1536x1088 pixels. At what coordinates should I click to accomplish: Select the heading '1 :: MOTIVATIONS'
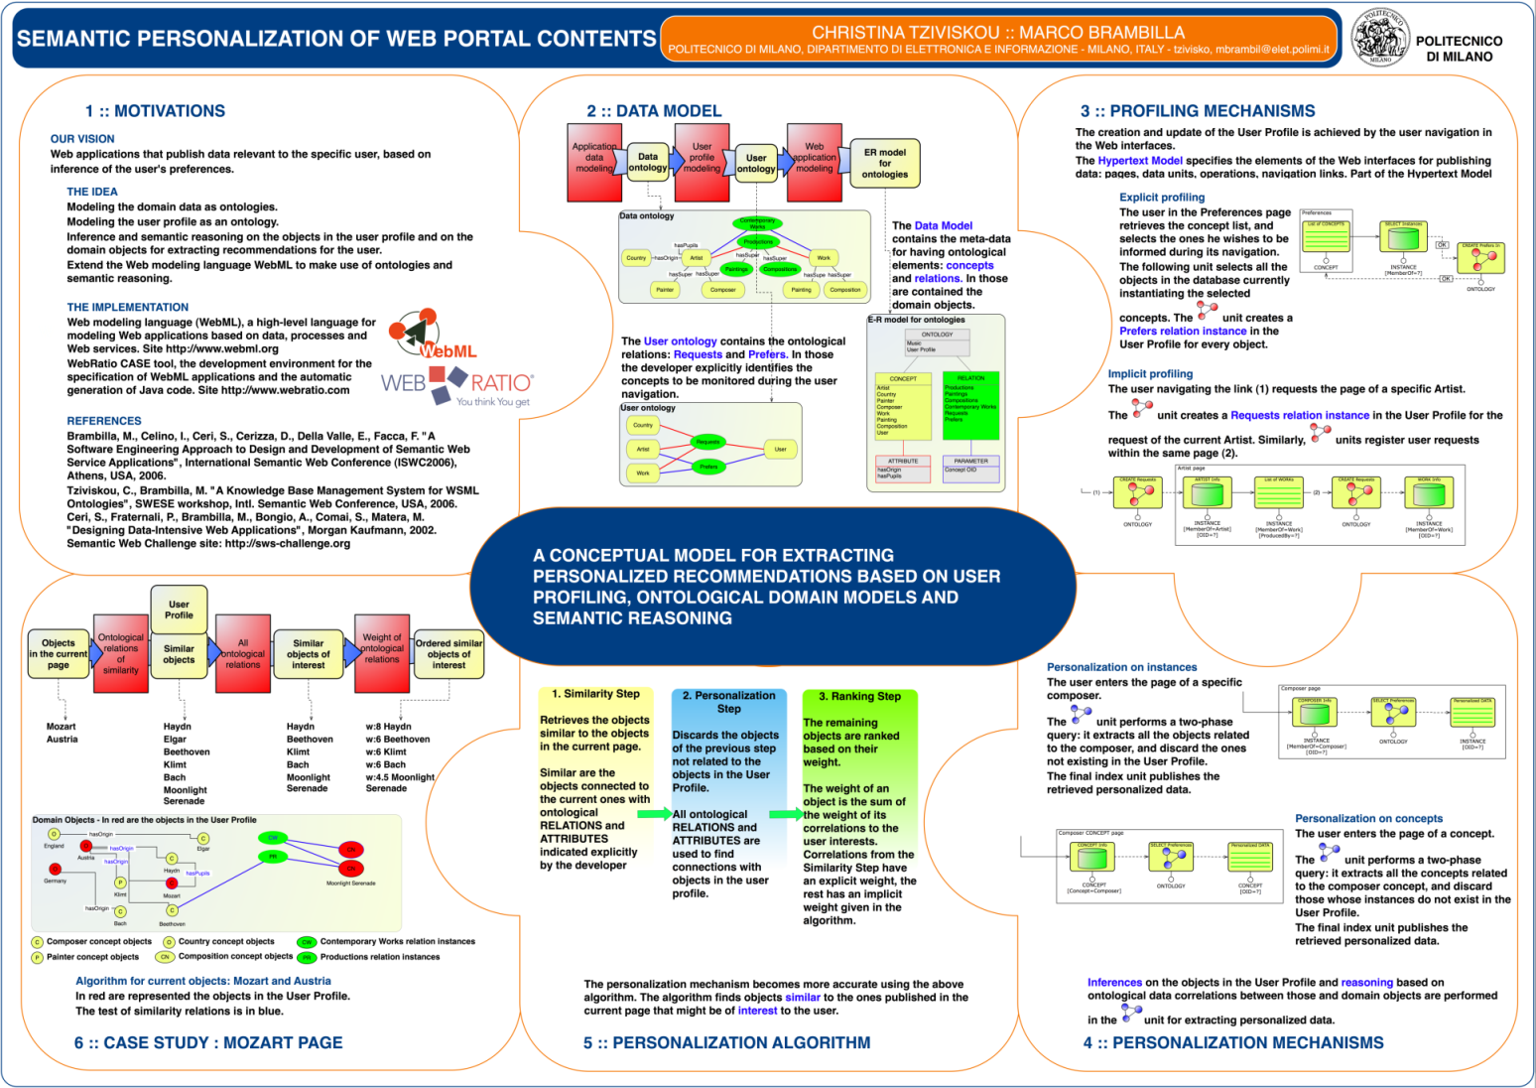[155, 111]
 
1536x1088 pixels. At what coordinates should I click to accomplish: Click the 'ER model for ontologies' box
[884, 164]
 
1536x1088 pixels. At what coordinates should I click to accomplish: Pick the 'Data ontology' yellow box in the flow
[648, 162]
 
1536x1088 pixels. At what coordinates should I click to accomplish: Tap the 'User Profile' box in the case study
[179, 610]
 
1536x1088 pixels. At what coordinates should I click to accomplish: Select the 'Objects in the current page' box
[59, 653]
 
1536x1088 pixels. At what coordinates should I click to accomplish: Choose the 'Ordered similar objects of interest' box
[448, 653]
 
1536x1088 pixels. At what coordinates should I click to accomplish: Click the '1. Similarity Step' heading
[595, 694]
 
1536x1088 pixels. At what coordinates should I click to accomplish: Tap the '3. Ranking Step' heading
[859, 696]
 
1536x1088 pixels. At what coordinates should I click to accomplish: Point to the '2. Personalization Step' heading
[729, 702]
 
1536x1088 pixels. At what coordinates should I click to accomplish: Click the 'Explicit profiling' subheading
[1162, 198]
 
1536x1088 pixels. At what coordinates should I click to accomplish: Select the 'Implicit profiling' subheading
[1150, 374]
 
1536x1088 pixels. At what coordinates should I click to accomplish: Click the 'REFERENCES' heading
[104, 421]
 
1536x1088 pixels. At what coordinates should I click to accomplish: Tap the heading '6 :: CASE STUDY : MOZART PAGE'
[208, 1042]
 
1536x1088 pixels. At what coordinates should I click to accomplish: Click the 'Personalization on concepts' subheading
[1368, 819]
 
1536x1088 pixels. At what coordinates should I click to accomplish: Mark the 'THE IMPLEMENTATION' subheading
[128, 308]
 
